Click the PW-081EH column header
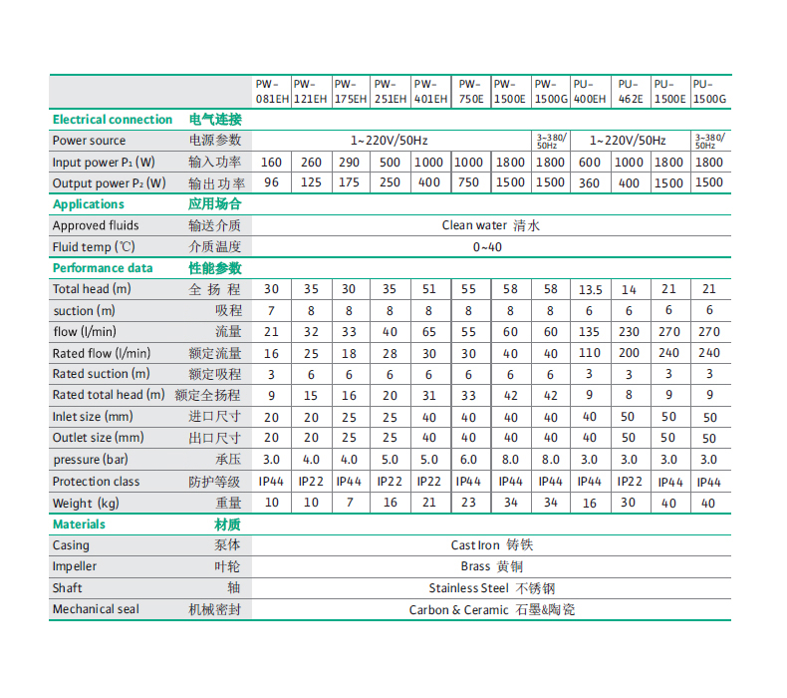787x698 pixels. point(271,92)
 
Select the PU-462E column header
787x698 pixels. point(629,92)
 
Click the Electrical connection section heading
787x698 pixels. point(112,120)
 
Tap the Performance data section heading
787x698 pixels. point(103,268)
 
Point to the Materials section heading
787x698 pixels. point(79,524)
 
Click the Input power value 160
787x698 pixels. point(271,163)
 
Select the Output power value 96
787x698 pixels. point(271,183)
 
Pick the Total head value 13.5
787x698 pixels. point(590,290)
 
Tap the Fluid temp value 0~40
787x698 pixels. point(488,247)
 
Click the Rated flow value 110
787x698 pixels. point(590,353)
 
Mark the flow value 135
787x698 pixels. point(590,332)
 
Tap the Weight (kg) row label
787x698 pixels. point(86,504)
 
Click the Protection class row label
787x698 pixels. point(96,482)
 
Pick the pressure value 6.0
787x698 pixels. point(469,460)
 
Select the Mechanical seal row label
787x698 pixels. point(96,609)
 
